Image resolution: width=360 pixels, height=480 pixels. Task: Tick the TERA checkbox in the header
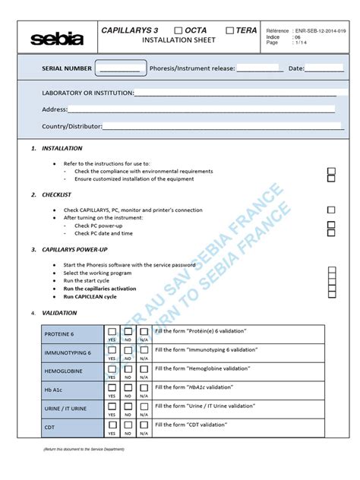coord(229,30)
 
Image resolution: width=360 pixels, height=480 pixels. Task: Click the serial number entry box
coord(119,68)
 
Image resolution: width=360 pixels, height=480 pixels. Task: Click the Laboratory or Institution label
coord(87,93)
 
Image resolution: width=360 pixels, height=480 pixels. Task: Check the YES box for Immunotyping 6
coord(112,352)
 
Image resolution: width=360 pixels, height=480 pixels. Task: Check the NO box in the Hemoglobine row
coord(128,371)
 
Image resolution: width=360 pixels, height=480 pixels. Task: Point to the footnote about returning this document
coord(84,450)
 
